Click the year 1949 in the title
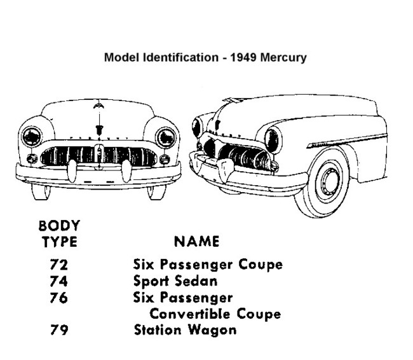[x=242, y=57]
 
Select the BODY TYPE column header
[x=59, y=233]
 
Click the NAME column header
[x=196, y=241]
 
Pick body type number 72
[x=59, y=265]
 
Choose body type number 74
[x=59, y=281]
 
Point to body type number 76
[x=59, y=298]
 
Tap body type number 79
[x=59, y=329]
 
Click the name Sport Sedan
[x=175, y=281]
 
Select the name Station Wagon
[x=185, y=330]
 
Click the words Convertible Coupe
[x=215, y=314]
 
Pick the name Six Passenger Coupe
[x=208, y=265]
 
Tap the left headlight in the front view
[x=32, y=137]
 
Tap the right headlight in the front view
[x=166, y=137]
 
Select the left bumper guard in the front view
[x=72, y=171]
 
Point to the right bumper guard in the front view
[x=126, y=171]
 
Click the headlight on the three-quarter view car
[x=273, y=141]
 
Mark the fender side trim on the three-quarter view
[x=347, y=141]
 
